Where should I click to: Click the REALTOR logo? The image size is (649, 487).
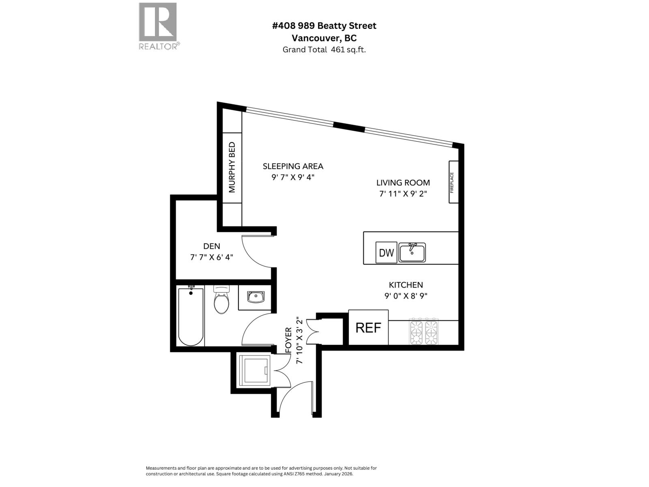158,25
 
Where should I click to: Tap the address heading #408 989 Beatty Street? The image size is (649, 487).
324,26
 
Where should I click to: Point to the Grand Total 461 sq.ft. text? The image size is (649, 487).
324,50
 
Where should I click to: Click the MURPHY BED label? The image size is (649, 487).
232,167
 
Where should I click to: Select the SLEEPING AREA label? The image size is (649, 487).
293,166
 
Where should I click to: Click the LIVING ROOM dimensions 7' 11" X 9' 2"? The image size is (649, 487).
403,194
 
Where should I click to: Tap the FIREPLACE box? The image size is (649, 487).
453,182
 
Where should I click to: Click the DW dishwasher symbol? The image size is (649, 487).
386,253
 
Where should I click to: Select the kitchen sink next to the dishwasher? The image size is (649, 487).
412,253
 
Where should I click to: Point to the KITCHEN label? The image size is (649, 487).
406,285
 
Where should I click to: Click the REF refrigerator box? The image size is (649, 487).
368,328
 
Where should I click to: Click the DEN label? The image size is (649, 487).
211,246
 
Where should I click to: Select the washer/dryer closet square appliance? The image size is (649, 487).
254,371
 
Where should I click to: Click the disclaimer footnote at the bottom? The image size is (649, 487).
261,471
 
